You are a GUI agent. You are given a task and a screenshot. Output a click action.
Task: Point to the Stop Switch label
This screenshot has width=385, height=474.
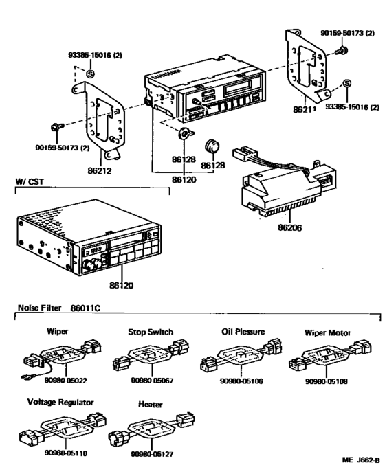pyautogui.click(x=151, y=332)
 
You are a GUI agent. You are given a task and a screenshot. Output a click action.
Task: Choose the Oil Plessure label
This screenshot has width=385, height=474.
pyautogui.click(x=236, y=332)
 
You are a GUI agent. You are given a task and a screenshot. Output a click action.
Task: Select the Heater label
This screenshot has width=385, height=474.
pyautogui.click(x=150, y=405)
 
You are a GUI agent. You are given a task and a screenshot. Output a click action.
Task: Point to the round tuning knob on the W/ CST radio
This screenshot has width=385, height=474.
pyautogui.click(x=92, y=264)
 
